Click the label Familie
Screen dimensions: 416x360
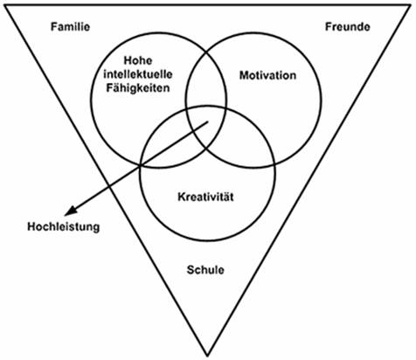coord(70,27)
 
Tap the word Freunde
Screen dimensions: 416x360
coord(348,27)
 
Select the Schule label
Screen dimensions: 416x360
coord(205,270)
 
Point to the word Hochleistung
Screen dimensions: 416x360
coord(64,226)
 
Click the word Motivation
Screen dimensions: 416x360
coord(267,75)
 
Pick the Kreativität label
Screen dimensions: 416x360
coord(205,197)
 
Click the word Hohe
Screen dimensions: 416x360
coord(138,60)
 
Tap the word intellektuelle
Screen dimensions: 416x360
coord(138,74)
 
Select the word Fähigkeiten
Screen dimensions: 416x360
coord(138,88)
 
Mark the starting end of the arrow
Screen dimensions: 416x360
coord(208,122)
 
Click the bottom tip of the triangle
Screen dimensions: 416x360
coord(207,356)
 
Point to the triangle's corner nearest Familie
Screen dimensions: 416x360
coord(5,5)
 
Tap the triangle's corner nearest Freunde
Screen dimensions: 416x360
coord(410,5)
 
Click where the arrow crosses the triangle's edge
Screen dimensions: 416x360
coord(108,185)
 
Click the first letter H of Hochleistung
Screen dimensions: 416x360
coord(31,226)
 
